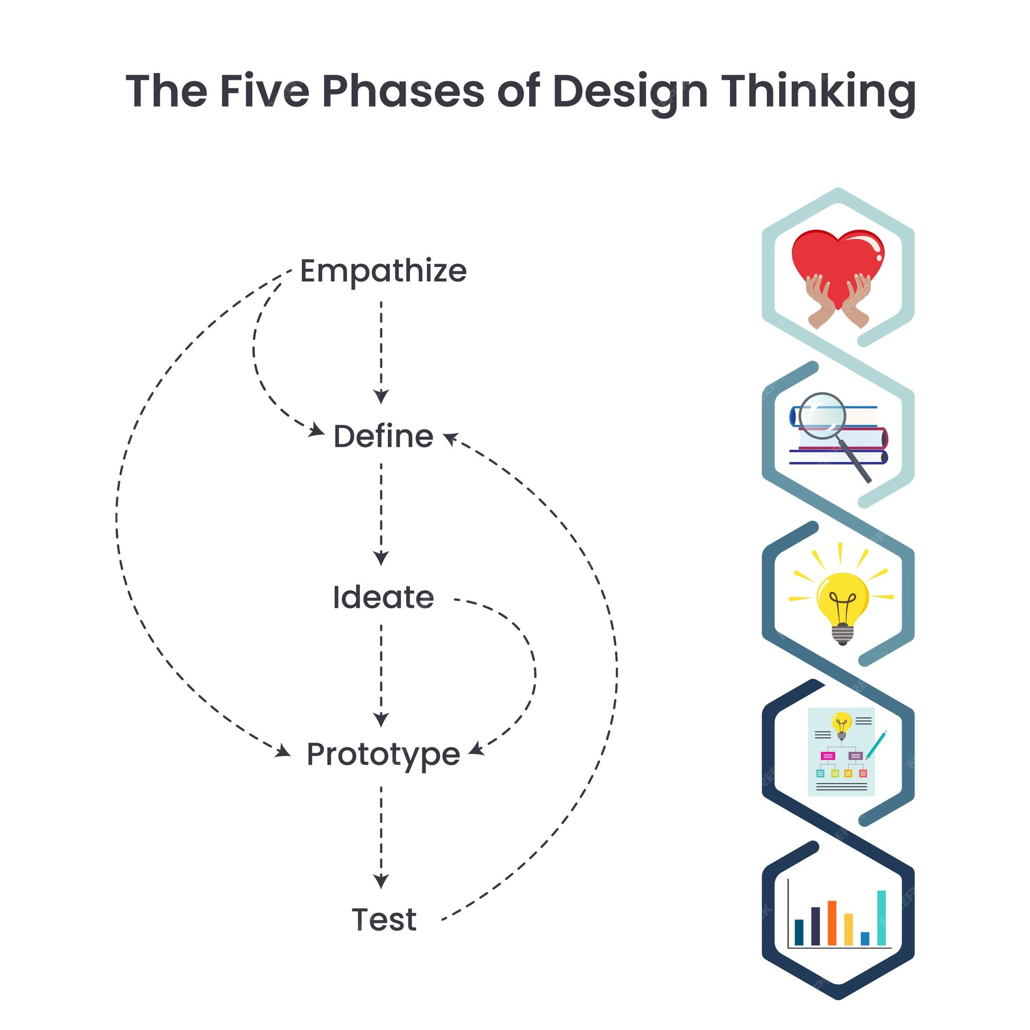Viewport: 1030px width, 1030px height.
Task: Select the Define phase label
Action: point(383,436)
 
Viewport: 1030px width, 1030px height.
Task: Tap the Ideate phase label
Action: point(383,597)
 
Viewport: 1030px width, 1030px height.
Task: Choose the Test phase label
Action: point(384,920)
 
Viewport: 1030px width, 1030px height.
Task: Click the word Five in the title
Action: point(264,91)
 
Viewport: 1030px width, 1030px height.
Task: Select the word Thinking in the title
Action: point(818,94)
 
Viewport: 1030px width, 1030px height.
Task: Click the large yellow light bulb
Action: point(843,608)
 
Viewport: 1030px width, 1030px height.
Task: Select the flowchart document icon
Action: point(842,752)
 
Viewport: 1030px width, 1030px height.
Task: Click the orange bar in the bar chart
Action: point(832,923)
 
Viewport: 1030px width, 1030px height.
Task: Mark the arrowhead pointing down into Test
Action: point(381,882)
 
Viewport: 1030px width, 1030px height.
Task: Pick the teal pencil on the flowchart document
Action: point(876,745)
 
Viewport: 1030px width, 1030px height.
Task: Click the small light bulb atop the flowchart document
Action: point(842,726)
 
